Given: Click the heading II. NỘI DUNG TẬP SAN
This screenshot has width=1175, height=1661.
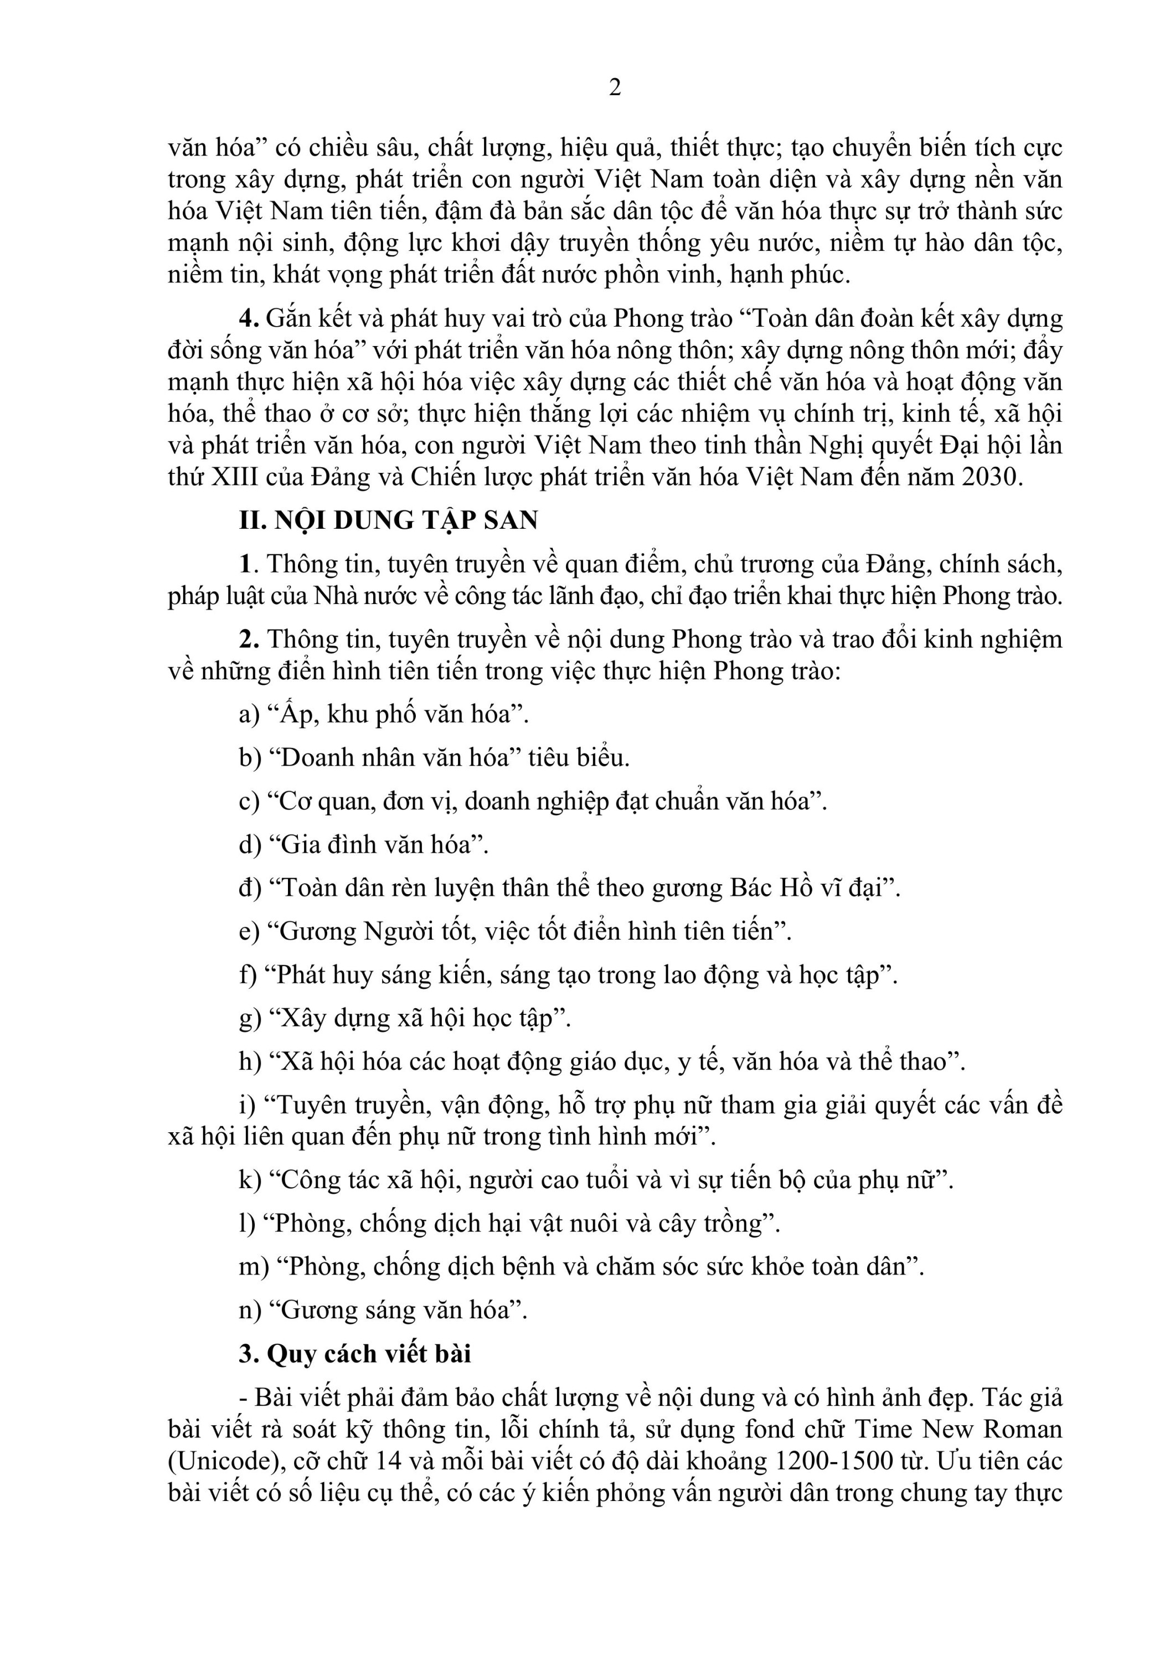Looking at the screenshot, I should (389, 520).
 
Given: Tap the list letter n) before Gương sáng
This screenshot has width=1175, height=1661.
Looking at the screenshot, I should (250, 1310).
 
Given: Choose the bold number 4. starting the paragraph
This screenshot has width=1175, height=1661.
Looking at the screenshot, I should (249, 318).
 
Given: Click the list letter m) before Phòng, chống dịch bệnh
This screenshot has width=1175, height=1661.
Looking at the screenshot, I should (253, 1267).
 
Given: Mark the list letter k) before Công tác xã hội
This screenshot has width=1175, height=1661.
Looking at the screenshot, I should (250, 1180).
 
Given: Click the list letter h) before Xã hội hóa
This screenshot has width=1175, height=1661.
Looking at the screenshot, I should (250, 1061).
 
